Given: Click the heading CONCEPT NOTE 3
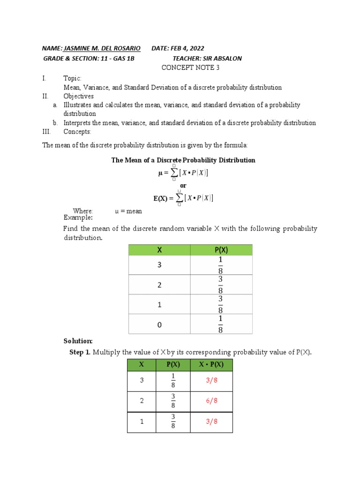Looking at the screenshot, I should (190, 68).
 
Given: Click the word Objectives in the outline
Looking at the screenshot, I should (78, 96).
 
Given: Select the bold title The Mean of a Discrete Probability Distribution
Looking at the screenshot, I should (183, 160).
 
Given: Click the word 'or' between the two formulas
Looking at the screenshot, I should (183, 186).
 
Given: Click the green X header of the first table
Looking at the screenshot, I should (159, 250).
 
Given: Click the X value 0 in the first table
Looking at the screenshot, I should (159, 324).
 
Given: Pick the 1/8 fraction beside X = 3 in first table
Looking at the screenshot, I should (220, 265).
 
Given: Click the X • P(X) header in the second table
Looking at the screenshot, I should (211, 365).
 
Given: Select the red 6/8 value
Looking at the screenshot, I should (212, 401).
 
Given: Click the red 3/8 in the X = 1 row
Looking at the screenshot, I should (212, 421).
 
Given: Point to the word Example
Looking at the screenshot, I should (78, 217).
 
